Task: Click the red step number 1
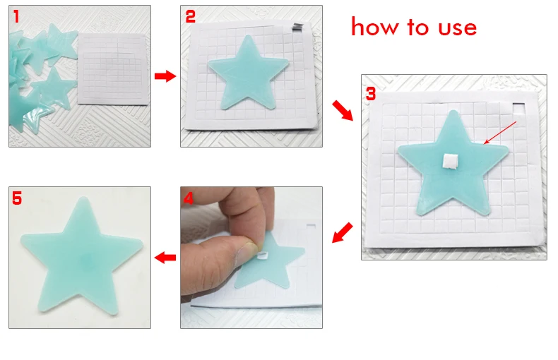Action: pyautogui.click(x=16, y=16)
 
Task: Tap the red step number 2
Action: pyautogui.click(x=191, y=17)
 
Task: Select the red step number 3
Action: pyautogui.click(x=370, y=94)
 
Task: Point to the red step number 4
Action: pyautogui.click(x=189, y=198)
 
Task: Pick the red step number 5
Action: pyautogui.click(x=17, y=198)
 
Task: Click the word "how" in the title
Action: pyautogui.click(x=375, y=27)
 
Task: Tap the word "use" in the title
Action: pyautogui.click(x=457, y=28)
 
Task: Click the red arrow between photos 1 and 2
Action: pyautogui.click(x=165, y=76)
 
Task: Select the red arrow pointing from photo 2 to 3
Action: pyautogui.click(x=343, y=111)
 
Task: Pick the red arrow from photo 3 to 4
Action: pyautogui.click(x=342, y=233)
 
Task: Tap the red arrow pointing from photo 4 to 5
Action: pyautogui.click(x=165, y=258)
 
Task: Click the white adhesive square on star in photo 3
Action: pyautogui.click(x=451, y=161)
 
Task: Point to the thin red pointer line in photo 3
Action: pyautogui.click(x=500, y=133)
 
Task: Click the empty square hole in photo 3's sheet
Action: pyautogui.click(x=518, y=108)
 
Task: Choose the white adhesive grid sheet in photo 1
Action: pyautogui.click(x=113, y=69)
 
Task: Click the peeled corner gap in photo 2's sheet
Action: pyautogui.click(x=297, y=28)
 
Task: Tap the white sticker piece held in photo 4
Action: pyautogui.click(x=263, y=255)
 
